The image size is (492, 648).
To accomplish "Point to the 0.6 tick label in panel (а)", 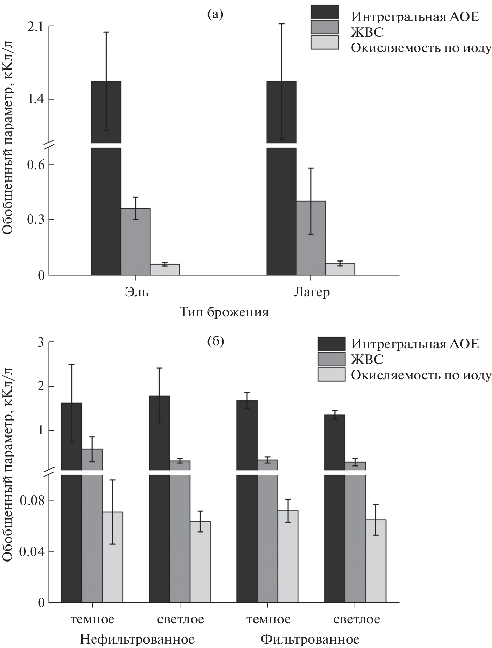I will pos(36,165).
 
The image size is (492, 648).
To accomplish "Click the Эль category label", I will pos(137,293).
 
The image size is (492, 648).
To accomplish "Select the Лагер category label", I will pos(312,293).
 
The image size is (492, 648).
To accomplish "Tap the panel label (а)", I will pos(215,14).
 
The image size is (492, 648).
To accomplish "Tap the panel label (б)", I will pos(216,342).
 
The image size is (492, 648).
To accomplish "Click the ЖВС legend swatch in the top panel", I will pos(325,27).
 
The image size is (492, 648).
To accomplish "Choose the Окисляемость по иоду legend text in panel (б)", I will pos(421,375).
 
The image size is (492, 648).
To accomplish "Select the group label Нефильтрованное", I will pos(137,639).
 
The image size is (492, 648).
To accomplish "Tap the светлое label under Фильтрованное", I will pos(356,619).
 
